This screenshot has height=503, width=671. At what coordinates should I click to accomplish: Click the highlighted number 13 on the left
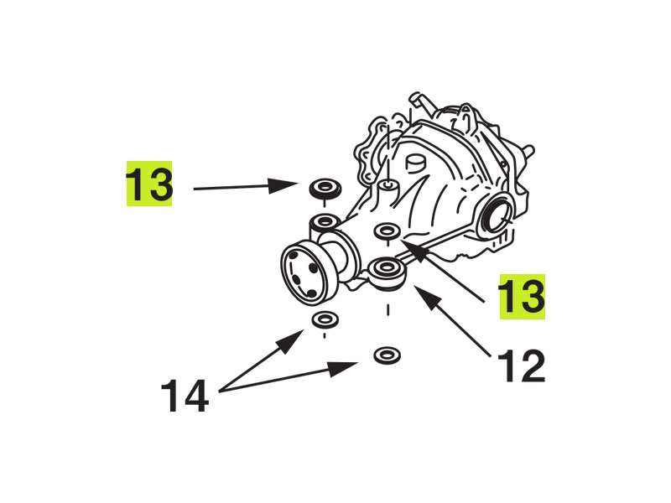pyautogui.click(x=149, y=184)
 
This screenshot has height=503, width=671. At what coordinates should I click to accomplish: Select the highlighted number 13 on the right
pyautogui.click(x=522, y=297)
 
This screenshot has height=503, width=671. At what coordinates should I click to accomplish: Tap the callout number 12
pyautogui.click(x=522, y=366)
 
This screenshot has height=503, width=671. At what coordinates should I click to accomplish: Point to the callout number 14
pyautogui.click(x=185, y=396)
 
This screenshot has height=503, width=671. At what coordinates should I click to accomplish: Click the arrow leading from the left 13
pyautogui.click(x=246, y=186)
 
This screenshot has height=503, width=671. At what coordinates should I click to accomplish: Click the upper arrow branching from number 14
pyautogui.click(x=262, y=360)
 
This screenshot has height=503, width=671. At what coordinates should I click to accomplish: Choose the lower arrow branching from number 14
pyautogui.click(x=289, y=376)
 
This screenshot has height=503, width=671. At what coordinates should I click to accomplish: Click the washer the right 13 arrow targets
pyautogui.click(x=387, y=231)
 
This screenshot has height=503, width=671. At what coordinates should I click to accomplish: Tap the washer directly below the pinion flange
pyautogui.click(x=325, y=319)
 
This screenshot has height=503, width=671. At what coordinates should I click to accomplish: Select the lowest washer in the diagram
pyautogui.click(x=387, y=355)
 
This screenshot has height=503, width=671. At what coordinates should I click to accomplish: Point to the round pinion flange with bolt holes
pyautogui.click(x=304, y=274)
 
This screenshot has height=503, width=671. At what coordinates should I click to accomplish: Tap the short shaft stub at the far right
pyautogui.click(x=528, y=152)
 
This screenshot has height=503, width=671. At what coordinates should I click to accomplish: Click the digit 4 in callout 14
pyautogui.click(x=196, y=396)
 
